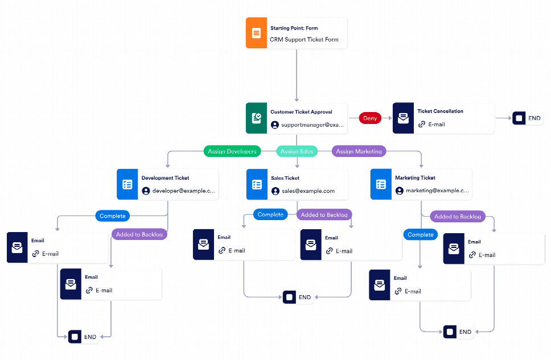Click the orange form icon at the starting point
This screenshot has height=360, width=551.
[x=256, y=32]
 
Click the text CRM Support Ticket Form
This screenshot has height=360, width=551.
[x=304, y=40]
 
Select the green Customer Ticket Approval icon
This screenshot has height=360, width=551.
[x=256, y=118]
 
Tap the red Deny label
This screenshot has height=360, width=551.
[x=370, y=118]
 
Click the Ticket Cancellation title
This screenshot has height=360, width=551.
[x=440, y=111]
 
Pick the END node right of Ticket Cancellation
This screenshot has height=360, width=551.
[x=528, y=118]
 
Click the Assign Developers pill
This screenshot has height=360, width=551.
[x=232, y=151]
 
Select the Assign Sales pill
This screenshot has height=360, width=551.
[x=297, y=151]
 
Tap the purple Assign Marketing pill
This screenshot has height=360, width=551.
[x=359, y=151]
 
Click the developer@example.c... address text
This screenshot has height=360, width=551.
[x=184, y=191]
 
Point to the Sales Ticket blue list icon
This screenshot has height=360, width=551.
[x=257, y=185]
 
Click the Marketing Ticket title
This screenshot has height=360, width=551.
[x=415, y=178]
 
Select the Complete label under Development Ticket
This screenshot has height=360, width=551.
[x=113, y=216]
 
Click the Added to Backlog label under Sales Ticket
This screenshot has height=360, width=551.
[x=324, y=215]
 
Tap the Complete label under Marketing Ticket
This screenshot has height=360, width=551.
[x=421, y=234]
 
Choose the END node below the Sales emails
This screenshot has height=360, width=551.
[x=298, y=297]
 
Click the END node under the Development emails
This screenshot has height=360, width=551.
[x=83, y=336]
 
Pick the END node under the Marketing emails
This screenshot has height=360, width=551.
[x=459, y=332]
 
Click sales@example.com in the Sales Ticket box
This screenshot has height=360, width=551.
[x=308, y=191]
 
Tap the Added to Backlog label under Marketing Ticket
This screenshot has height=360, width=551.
[x=458, y=217]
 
